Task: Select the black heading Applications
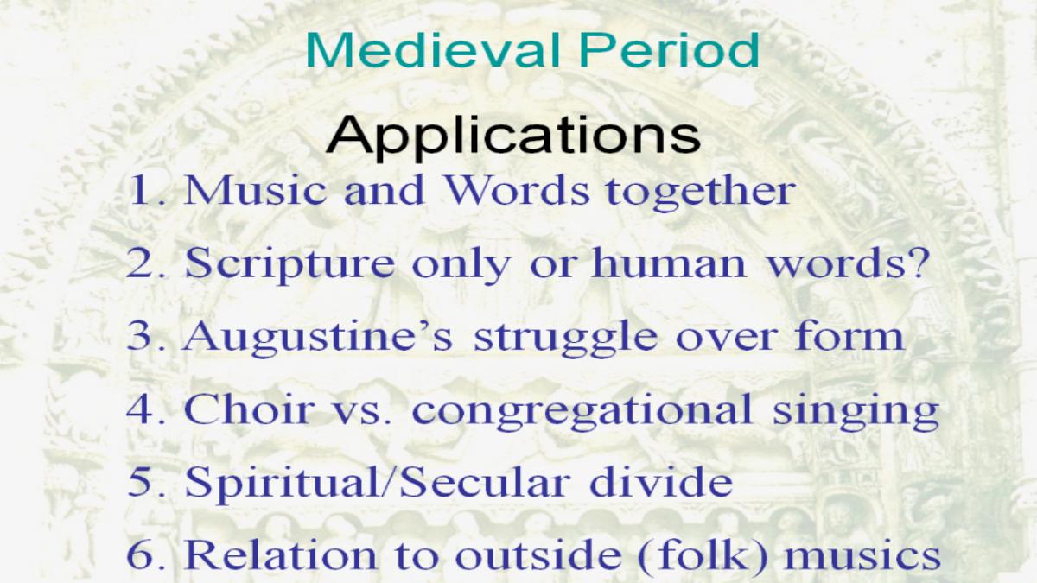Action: [x=513, y=137]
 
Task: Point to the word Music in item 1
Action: [x=255, y=190]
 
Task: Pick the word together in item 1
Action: [x=701, y=192]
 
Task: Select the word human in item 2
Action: [x=669, y=263]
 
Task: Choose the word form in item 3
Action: [x=849, y=335]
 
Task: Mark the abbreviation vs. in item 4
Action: [x=362, y=413]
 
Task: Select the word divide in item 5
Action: [x=661, y=481]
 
